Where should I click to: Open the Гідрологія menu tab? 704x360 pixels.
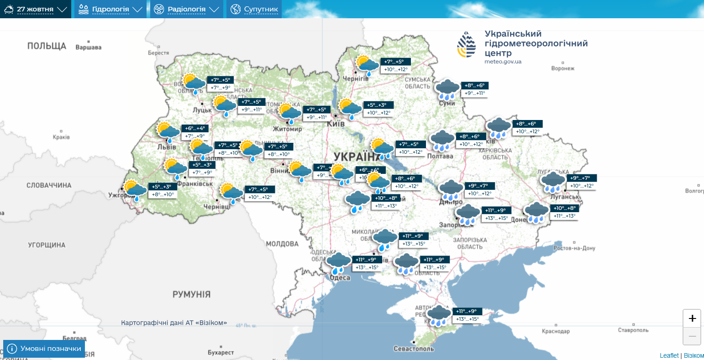point(110,9)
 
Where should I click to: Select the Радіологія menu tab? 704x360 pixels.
point(187,9)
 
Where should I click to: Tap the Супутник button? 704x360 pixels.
point(254,9)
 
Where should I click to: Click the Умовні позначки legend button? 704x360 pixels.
point(44,349)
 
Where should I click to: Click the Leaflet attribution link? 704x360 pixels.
point(669,355)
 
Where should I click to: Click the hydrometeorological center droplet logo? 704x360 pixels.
point(466,45)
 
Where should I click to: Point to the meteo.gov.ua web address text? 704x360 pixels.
point(503,62)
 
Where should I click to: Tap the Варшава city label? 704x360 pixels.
point(89,47)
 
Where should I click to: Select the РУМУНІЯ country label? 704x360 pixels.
point(191,294)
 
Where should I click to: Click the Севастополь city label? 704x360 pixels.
point(414,349)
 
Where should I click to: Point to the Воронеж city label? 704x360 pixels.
point(562,68)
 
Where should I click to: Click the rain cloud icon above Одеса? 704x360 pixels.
point(338,263)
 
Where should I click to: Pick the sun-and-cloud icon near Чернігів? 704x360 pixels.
point(367,65)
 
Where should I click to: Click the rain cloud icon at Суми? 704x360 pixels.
point(447,89)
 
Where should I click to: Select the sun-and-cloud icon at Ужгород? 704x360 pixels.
point(135,190)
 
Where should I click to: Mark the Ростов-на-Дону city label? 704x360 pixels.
point(574,248)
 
